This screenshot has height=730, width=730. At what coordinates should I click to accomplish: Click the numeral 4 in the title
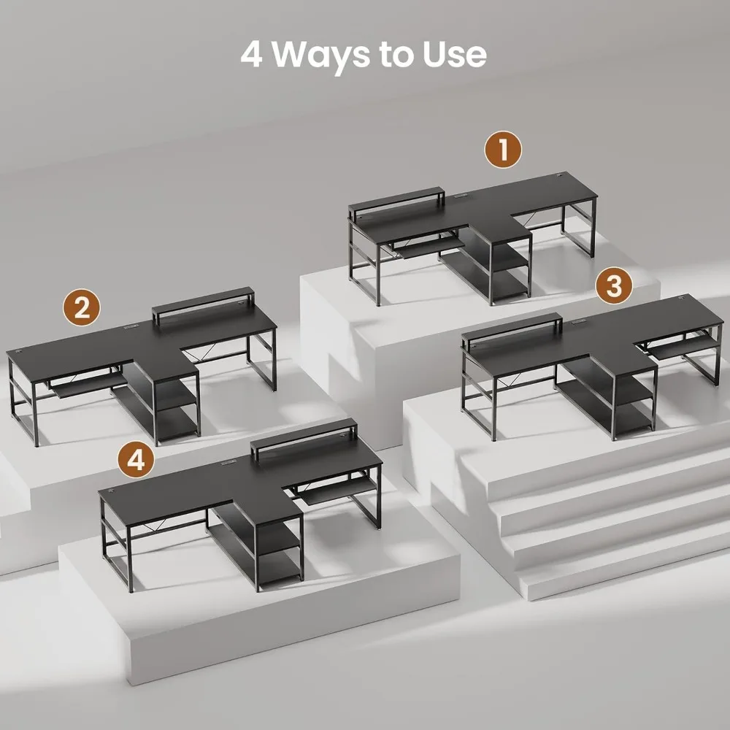click(251, 54)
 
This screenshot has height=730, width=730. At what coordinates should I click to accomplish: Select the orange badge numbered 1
click(504, 150)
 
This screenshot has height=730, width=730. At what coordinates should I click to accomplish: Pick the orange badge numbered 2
click(82, 307)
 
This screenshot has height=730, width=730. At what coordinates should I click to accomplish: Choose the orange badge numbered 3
click(614, 286)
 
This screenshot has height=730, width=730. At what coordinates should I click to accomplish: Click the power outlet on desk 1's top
click(460, 196)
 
